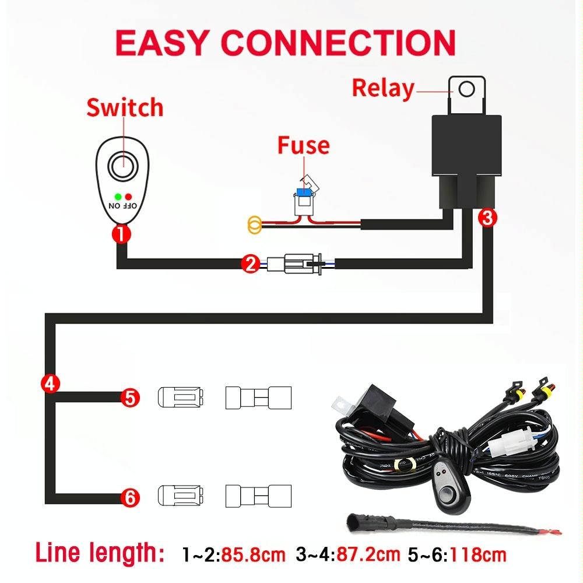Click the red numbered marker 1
(x=121, y=234)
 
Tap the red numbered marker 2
(x=250, y=265)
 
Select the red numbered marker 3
(x=487, y=218)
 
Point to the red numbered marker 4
(x=50, y=384)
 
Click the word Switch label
(x=125, y=108)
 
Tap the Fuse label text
(x=303, y=145)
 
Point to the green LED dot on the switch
(x=118, y=196)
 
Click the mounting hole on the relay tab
(x=466, y=89)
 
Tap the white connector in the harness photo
(x=507, y=446)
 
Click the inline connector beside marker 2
(x=297, y=265)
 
